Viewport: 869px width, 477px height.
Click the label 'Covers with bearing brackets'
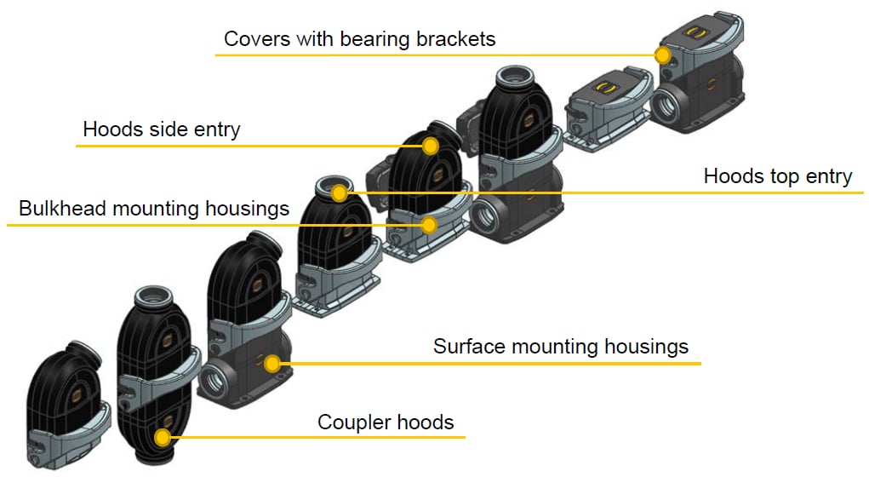pos(359,39)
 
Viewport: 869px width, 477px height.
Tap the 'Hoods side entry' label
pos(162,130)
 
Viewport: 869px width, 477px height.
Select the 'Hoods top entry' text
pos(777,176)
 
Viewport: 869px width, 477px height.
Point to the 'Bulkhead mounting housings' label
pos(154,209)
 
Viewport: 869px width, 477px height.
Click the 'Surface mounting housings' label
pos(560,347)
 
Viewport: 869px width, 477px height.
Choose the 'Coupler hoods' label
pos(386,422)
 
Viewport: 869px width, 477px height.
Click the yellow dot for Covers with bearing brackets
pos(663,55)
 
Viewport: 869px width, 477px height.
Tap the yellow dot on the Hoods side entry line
pos(431,146)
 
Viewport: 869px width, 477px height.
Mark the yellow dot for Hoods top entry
pos(340,193)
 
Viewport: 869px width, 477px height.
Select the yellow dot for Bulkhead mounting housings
pos(430,225)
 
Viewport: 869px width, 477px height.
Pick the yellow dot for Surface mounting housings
pos(272,364)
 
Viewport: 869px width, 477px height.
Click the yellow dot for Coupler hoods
pos(163,438)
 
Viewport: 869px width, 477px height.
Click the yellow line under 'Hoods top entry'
pos(681,193)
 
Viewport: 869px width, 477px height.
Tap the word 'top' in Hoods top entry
pos(779,177)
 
